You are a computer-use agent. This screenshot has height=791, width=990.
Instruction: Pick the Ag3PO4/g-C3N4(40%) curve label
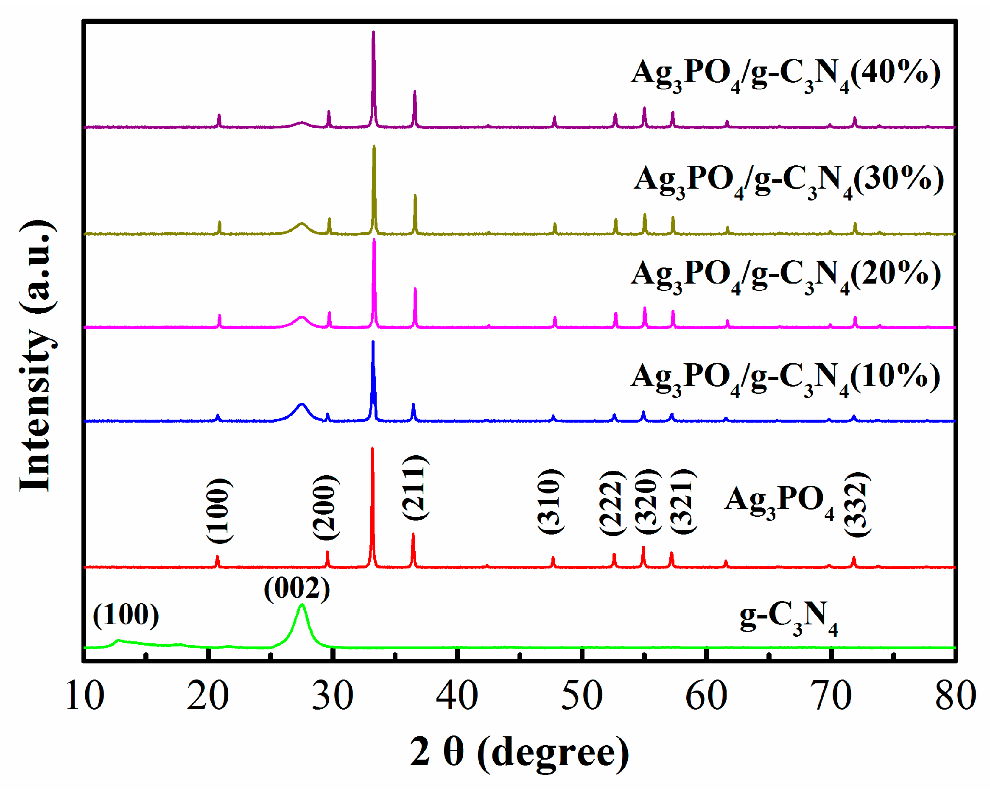click(786, 73)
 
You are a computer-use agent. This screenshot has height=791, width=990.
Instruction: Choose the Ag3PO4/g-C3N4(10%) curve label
click(785, 377)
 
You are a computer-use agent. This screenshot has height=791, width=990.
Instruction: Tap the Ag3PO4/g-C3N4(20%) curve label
click(786, 274)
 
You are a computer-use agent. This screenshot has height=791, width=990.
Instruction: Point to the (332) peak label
click(857, 504)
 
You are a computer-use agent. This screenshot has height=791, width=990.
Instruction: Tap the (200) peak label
click(326, 507)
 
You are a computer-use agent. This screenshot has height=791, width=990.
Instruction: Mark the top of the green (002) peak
click(302, 606)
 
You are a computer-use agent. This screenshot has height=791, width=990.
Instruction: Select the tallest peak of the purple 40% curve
click(373, 32)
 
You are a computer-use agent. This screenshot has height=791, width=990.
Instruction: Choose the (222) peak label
click(612, 503)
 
